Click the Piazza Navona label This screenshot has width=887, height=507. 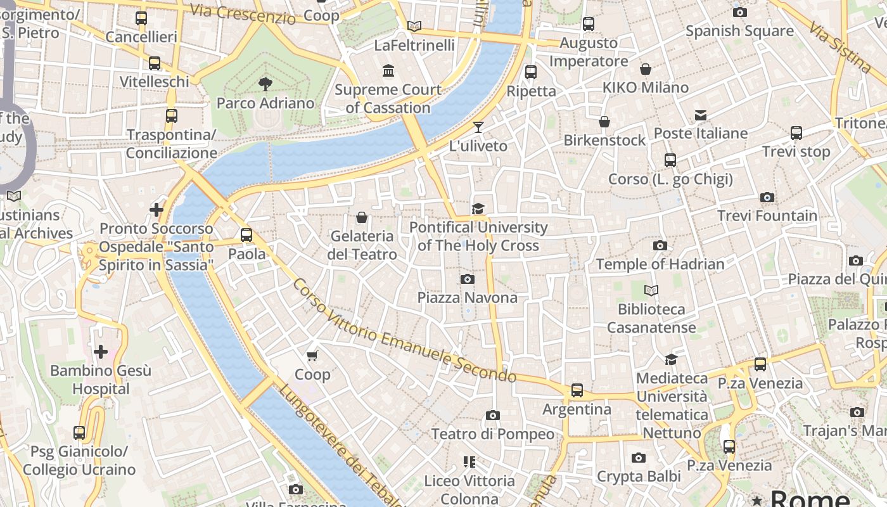coord(467,297)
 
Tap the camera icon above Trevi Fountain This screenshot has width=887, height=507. coord(767,198)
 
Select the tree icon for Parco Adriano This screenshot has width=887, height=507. coord(265,84)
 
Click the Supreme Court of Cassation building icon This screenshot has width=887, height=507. coord(388,70)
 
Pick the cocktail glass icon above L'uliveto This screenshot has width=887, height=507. coord(478,127)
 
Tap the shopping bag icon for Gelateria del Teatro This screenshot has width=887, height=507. coord(362,217)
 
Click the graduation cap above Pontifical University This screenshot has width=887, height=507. coord(478,209)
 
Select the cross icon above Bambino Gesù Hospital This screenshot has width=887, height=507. coord(100,352)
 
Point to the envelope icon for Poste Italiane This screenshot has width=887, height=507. coord(701,115)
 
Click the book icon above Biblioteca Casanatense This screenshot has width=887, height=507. coord(651,291)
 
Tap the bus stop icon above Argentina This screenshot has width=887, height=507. coord(577,390)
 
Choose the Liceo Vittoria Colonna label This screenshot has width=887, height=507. coord(469,489)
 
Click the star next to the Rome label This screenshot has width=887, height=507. coord(756,501)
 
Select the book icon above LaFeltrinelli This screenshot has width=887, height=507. coord(414,26)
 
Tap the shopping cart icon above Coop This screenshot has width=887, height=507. coord(312,356)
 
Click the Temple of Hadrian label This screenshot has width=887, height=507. coord(660,264)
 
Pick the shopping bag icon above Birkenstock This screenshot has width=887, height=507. coord(604,122)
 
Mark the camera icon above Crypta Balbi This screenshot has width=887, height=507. coord(638,458)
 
